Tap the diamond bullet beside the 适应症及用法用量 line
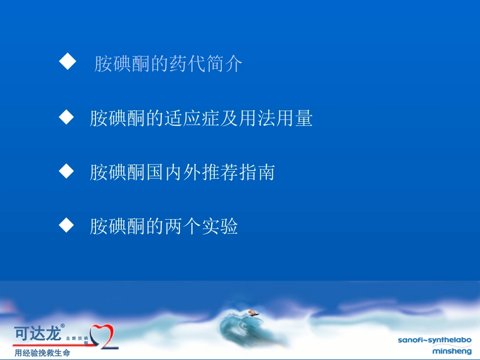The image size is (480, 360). tap(67, 118)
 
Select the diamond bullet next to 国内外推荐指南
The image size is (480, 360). tap(67, 172)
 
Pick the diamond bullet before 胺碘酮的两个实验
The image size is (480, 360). tap(67, 226)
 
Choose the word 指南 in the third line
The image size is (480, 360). tap(257, 173)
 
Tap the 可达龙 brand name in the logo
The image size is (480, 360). tap(37, 334)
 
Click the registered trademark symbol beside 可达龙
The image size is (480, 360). tap(63, 326)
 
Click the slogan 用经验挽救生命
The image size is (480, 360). tap(42, 353)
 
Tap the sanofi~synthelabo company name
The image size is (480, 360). tap(435, 340)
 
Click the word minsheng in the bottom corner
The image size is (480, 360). tap(452, 350)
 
